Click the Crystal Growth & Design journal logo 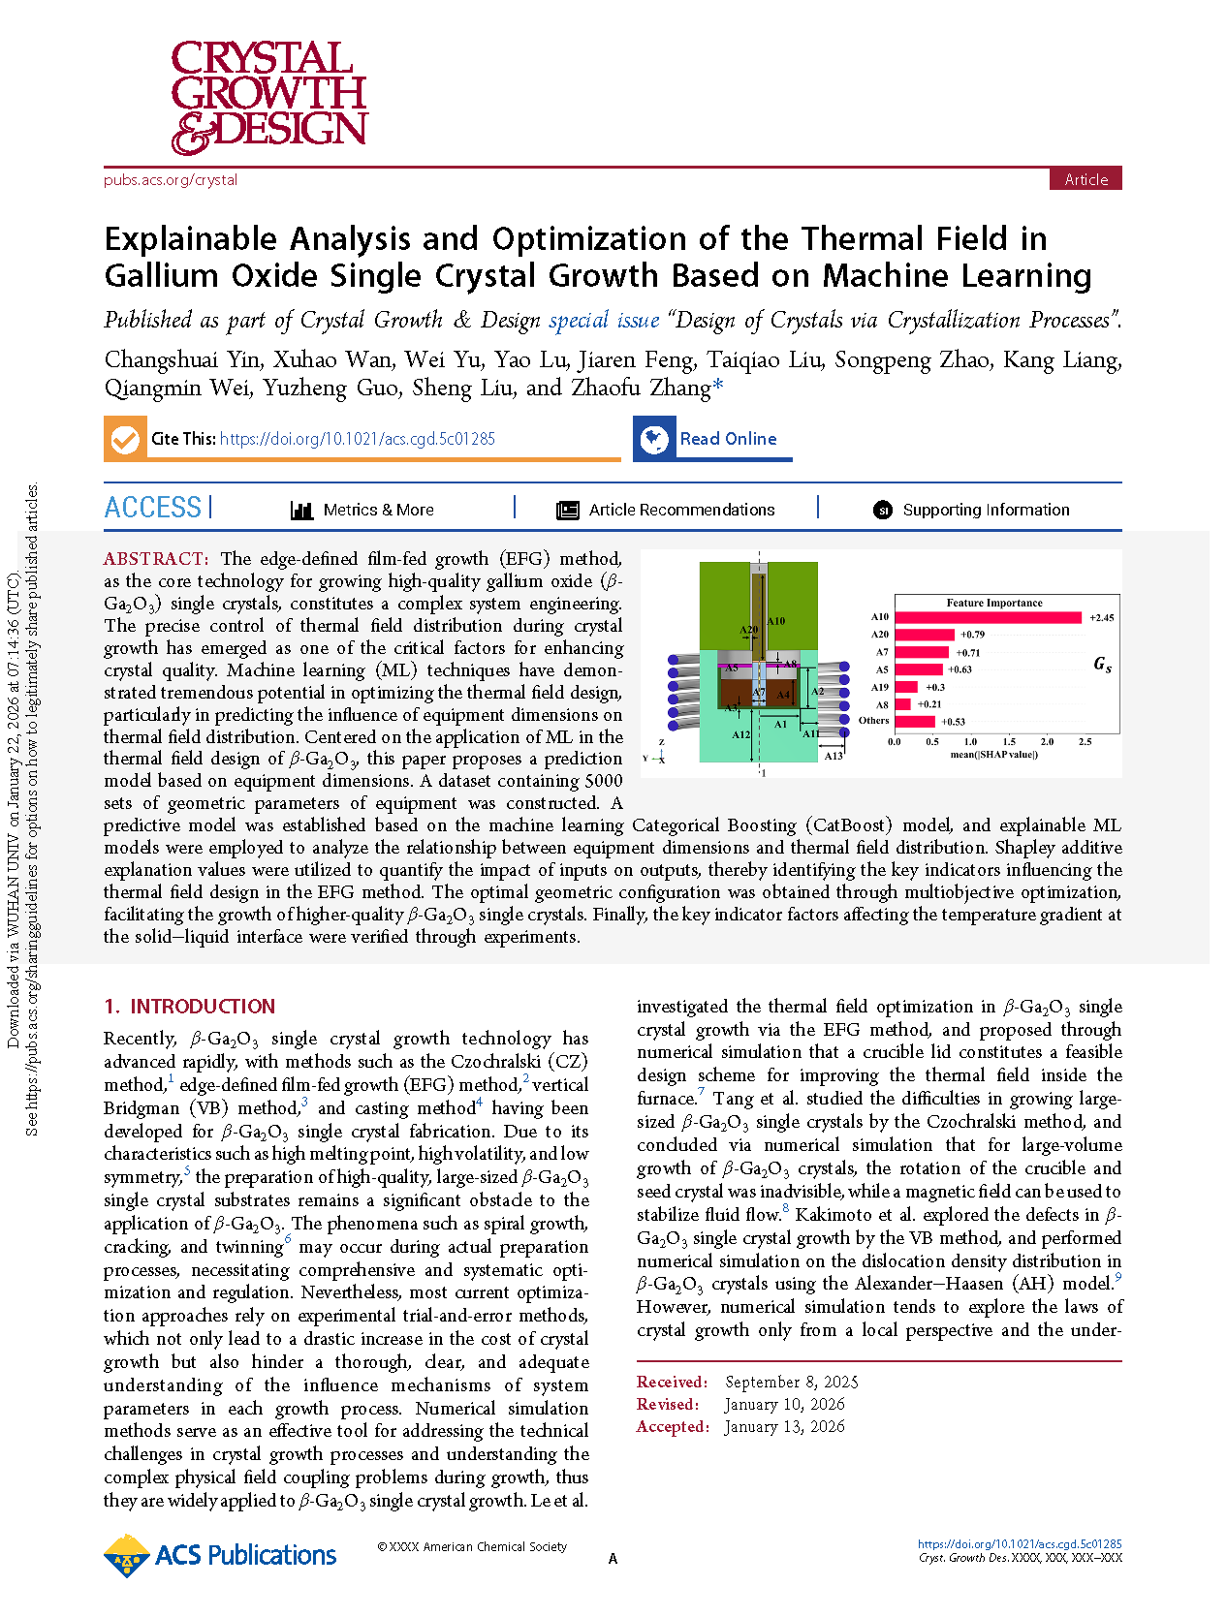[x=268, y=97]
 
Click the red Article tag [x=1085, y=179]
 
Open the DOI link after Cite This [x=357, y=439]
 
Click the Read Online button [x=727, y=439]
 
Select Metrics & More [x=377, y=511]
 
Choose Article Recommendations [x=680, y=511]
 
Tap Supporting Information [x=985, y=511]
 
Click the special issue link [x=604, y=321]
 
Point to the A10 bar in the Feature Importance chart [x=987, y=617]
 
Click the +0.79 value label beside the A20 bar [x=972, y=635]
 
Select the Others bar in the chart [x=914, y=721]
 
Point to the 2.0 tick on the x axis [x=1047, y=742]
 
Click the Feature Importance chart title [x=993, y=603]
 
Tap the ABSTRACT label [x=155, y=559]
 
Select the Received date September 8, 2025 [x=791, y=1383]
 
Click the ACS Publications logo [x=221, y=1556]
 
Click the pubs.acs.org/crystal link [x=171, y=180]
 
